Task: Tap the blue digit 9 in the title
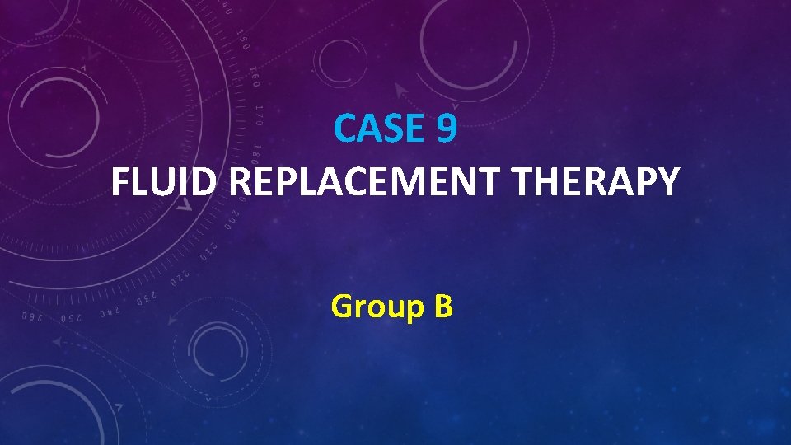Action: point(446,129)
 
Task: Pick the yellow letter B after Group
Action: point(442,307)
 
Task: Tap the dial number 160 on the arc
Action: point(254,77)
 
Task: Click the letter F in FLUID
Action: point(120,182)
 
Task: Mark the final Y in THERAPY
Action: point(670,182)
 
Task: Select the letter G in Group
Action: point(341,307)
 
